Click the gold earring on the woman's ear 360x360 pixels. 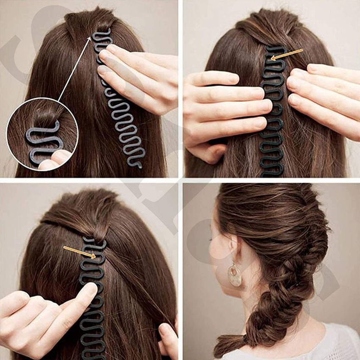(235, 274)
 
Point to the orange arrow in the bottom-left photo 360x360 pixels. (79, 252)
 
